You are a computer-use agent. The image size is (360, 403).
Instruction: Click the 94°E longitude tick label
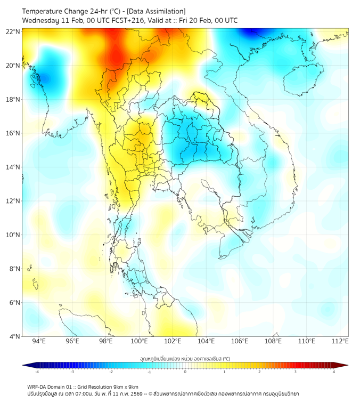pos(39,341)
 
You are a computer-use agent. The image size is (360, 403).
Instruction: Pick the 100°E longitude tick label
pos(140,341)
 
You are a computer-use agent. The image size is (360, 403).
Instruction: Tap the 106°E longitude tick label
pos(240,341)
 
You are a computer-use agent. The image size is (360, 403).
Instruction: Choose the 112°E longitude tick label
pos(340,341)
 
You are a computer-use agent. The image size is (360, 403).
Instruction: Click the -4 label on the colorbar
pos(36,372)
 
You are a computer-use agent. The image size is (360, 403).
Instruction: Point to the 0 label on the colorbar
pos(185,372)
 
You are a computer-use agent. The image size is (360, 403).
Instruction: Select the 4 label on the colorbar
pos(334,372)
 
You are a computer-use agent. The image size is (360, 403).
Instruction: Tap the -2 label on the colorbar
pos(110,372)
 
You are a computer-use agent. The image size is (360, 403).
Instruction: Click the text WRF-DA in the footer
pos(38,386)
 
